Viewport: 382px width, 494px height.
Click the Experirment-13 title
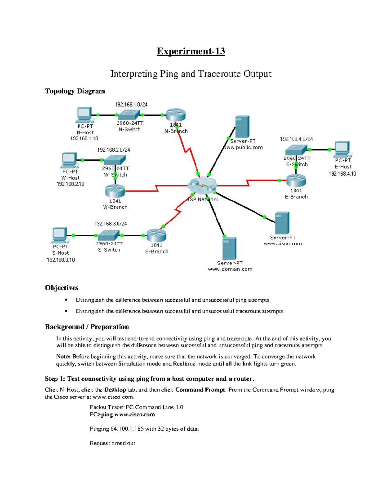tap(191, 51)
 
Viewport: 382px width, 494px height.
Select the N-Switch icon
tap(129, 115)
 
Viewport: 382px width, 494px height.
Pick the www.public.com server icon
tap(242, 127)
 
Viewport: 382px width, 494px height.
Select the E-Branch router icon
tap(296, 180)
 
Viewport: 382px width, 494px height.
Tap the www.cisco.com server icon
tap(282, 223)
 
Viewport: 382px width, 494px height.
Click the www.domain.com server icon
tap(229, 248)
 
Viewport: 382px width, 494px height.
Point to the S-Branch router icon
tap(156, 235)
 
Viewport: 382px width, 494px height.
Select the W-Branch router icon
tap(115, 191)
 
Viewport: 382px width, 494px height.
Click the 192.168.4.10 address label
tap(342, 174)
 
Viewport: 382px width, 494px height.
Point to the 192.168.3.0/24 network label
tap(110, 224)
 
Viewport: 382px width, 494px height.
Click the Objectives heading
tap(61, 288)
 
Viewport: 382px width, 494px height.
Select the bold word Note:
tap(63, 357)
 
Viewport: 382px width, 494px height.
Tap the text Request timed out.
tap(113, 443)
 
